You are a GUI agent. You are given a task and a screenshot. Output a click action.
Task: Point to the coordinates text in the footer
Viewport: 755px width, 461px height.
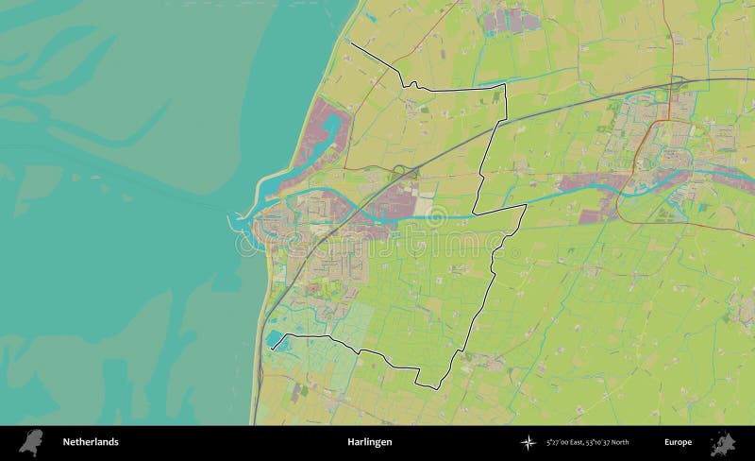tap(587, 442)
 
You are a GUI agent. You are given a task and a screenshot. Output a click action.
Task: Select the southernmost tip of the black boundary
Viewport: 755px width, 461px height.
tap(442, 387)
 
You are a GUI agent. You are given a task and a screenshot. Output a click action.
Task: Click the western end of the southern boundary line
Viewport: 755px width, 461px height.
tap(272, 350)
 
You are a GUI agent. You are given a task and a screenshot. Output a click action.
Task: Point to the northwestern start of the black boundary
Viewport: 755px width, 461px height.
tap(351, 43)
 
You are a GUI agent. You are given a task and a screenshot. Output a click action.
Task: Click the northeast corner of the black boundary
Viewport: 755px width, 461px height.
tap(505, 84)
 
